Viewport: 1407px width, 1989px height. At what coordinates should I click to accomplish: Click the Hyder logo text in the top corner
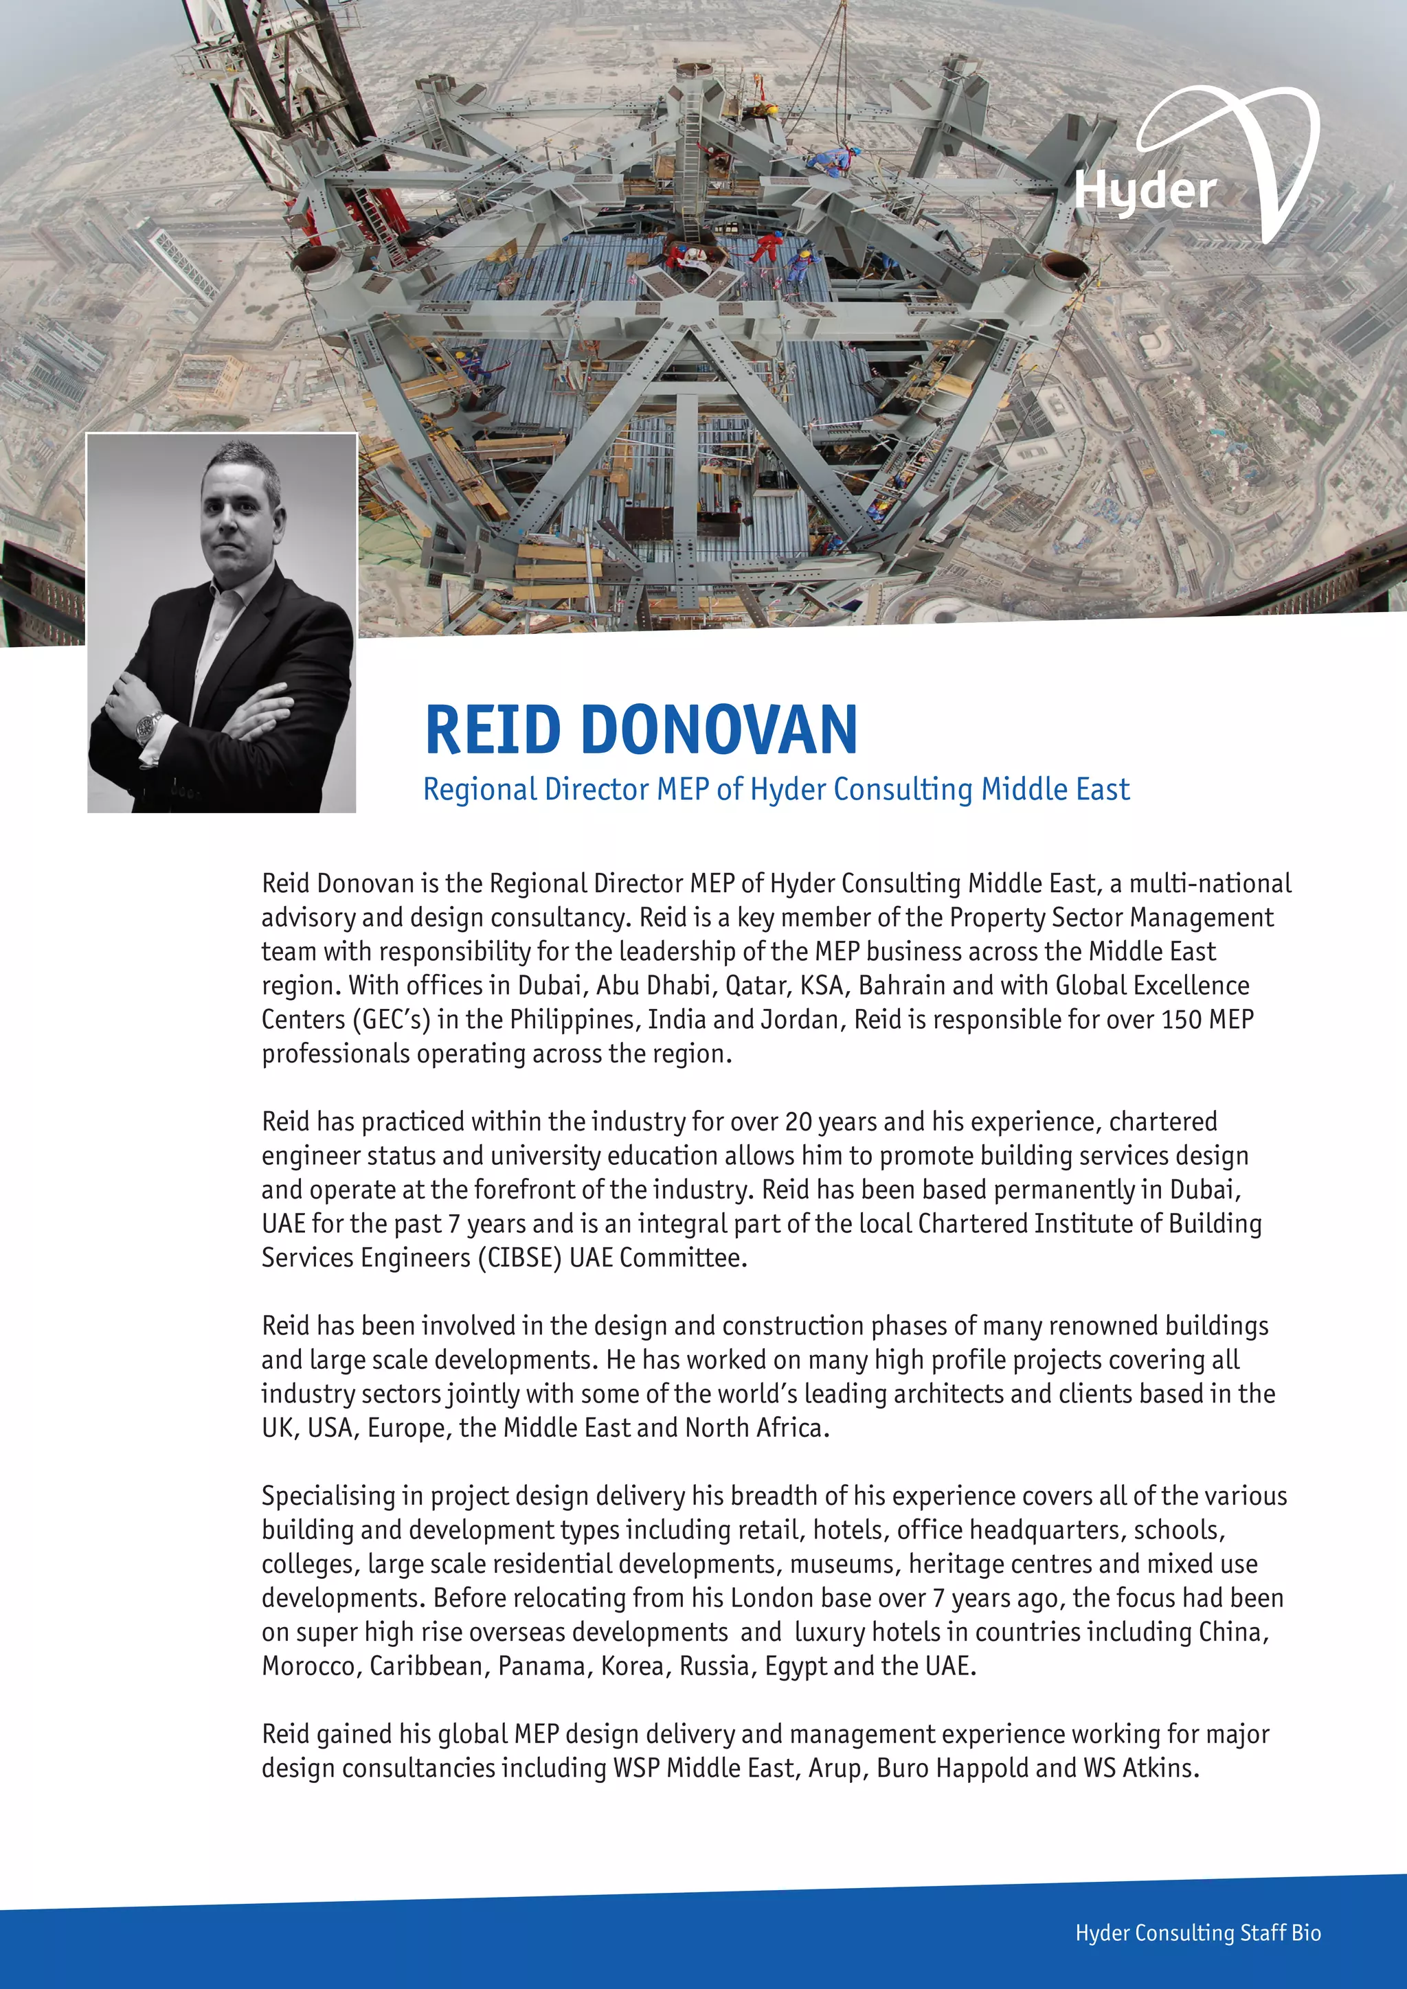coord(1145,190)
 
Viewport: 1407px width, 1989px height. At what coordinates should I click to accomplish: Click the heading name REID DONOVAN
coord(641,729)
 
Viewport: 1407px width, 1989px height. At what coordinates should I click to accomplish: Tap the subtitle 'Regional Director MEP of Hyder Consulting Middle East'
coord(776,789)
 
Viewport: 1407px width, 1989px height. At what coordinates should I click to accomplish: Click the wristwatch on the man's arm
coord(148,726)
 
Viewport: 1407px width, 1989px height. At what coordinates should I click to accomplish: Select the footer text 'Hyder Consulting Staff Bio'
coord(1197,1933)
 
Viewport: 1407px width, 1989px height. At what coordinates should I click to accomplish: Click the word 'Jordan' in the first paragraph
coord(799,1020)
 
